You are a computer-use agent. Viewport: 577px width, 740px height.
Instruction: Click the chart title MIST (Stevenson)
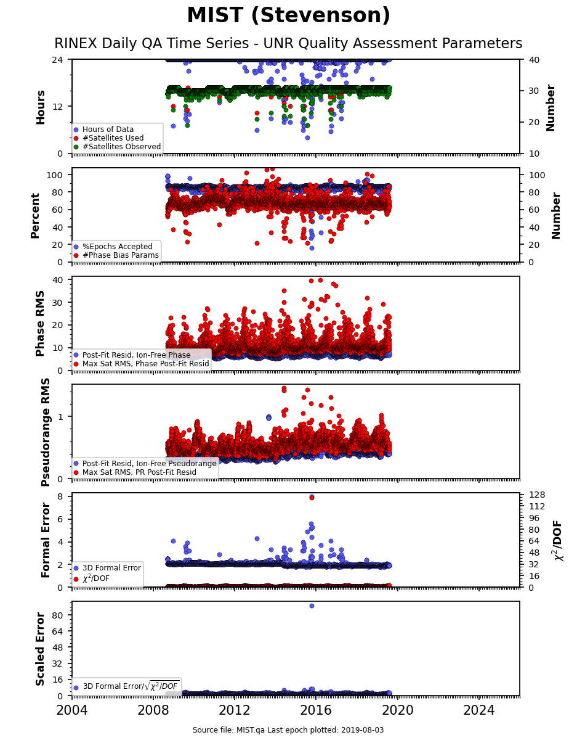click(x=288, y=15)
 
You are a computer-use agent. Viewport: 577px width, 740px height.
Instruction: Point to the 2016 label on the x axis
click(x=315, y=710)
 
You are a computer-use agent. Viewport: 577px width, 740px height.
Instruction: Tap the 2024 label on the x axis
click(x=478, y=710)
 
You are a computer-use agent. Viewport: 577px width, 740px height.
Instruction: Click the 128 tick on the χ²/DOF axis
click(x=537, y=495)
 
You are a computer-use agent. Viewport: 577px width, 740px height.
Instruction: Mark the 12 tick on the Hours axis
click(x=57, y=107)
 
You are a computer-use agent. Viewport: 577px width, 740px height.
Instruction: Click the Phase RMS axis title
click(x=40, y=324)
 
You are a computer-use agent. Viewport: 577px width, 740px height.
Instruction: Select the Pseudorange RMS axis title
click(x=45, y=432)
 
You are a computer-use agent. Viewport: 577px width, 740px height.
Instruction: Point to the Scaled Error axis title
click(x=40, y=649)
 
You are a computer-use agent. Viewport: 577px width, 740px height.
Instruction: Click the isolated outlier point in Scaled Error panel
click(x=312, y=606)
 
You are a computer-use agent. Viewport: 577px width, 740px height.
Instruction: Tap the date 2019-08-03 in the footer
click(x=363, y=730)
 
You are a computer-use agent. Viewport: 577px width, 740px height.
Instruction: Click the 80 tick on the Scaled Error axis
click(x=57, y=615)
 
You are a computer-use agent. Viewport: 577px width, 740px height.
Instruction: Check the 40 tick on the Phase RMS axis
click(x=57, y=279)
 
